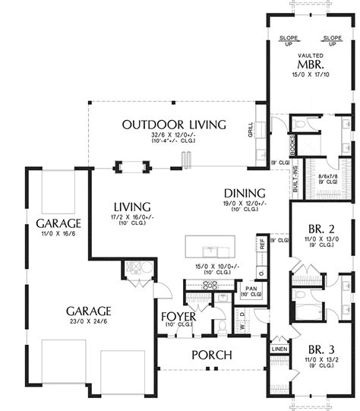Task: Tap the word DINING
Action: [x=244, y=193]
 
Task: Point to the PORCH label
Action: [x=211, y=355]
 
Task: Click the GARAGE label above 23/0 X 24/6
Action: [x=90, y=311]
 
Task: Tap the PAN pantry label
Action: [x=249, y=287]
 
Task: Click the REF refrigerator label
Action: [x=262, y=244]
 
